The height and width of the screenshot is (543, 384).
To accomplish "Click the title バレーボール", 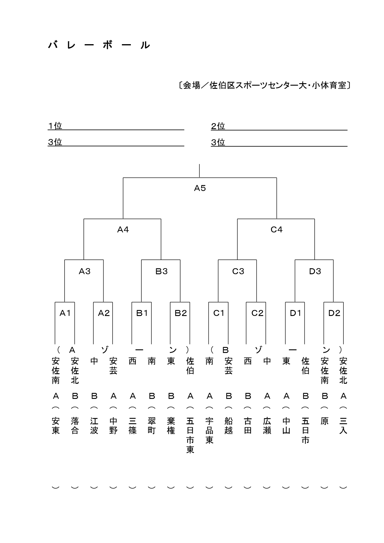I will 99,45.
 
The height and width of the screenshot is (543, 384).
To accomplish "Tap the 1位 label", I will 55,126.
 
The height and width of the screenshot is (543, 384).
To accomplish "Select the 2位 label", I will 218,126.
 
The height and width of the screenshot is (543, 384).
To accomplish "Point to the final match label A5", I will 200,188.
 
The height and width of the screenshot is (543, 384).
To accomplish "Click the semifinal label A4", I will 123,230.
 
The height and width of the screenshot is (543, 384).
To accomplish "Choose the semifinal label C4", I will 277,230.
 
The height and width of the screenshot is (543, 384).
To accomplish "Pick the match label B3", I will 161,271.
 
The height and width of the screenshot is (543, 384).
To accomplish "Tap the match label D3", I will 315,271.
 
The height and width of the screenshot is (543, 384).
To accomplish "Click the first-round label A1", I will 65,313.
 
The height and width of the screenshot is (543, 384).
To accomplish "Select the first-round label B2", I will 180,313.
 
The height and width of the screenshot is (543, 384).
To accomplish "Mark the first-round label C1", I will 219,313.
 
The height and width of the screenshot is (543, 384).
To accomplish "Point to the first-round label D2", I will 334,313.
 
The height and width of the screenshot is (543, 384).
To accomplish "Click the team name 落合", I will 75,425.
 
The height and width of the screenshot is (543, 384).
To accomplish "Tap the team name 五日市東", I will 190,435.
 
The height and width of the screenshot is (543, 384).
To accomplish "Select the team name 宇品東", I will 209,430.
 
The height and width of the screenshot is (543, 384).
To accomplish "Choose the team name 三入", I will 343,425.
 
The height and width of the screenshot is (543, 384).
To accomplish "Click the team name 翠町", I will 152,425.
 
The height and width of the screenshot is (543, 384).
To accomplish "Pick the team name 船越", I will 228,425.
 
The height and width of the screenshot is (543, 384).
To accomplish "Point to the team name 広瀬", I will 267,425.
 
